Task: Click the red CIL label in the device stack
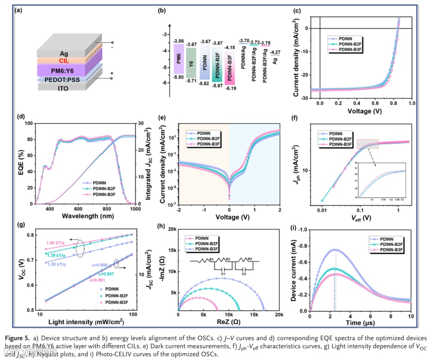64,60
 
